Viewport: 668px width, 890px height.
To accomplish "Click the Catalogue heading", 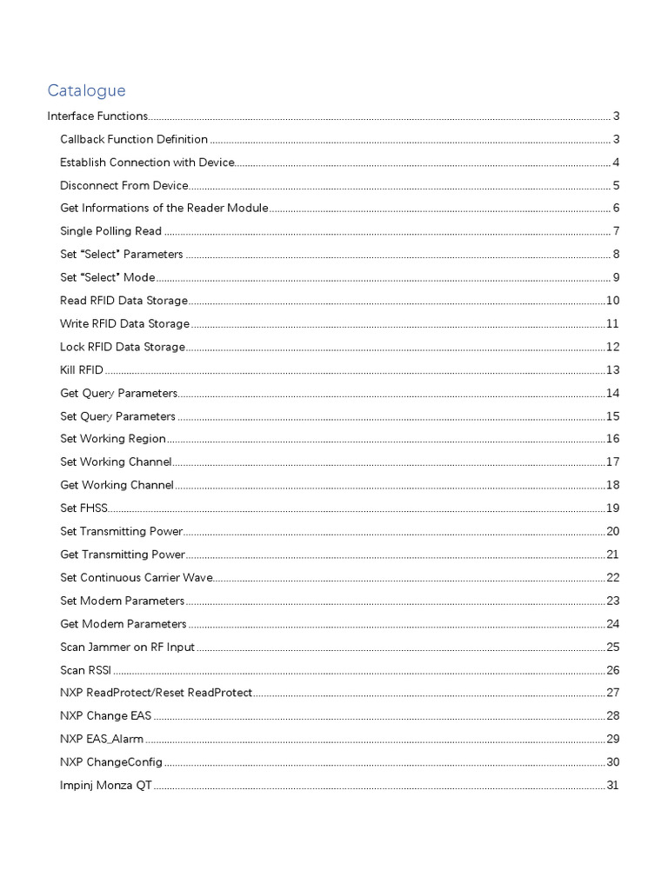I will tap(86, 90).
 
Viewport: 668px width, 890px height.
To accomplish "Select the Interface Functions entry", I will tap(97, 116).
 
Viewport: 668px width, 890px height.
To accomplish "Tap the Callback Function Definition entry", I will tap(134, 139).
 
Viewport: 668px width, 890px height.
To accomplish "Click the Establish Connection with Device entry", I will tap(147, 162).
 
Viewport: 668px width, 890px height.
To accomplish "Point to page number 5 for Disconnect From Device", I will tap(615, 185).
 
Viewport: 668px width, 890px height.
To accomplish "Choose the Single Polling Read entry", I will tap(110, 231).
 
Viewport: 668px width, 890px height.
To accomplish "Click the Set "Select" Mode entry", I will tap(107, 277).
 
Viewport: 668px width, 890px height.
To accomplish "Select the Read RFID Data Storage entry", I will tap(124, 300).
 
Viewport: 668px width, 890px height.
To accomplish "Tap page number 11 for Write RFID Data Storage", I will tap(612, 323).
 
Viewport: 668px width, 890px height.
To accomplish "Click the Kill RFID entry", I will tap(82, 369).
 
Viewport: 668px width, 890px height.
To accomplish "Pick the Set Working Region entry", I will tap(113, 439).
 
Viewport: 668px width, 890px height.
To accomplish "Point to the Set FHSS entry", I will tap(83, 508).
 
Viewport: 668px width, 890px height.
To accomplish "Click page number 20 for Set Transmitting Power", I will tap(612, 531).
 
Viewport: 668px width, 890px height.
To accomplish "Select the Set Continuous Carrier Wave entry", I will tap(136, 577).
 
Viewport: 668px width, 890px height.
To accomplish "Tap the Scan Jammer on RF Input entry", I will tap(127, 647).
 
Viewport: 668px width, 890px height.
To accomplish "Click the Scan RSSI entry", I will tap(85, 669).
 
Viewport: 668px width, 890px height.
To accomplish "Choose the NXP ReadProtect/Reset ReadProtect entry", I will tap(157, 693).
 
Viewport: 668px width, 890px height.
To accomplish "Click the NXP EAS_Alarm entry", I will tap(102, 739).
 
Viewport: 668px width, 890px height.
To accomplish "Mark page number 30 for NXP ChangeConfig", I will tap(612, 762).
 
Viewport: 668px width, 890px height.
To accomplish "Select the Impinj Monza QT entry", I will tap(106, 785).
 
